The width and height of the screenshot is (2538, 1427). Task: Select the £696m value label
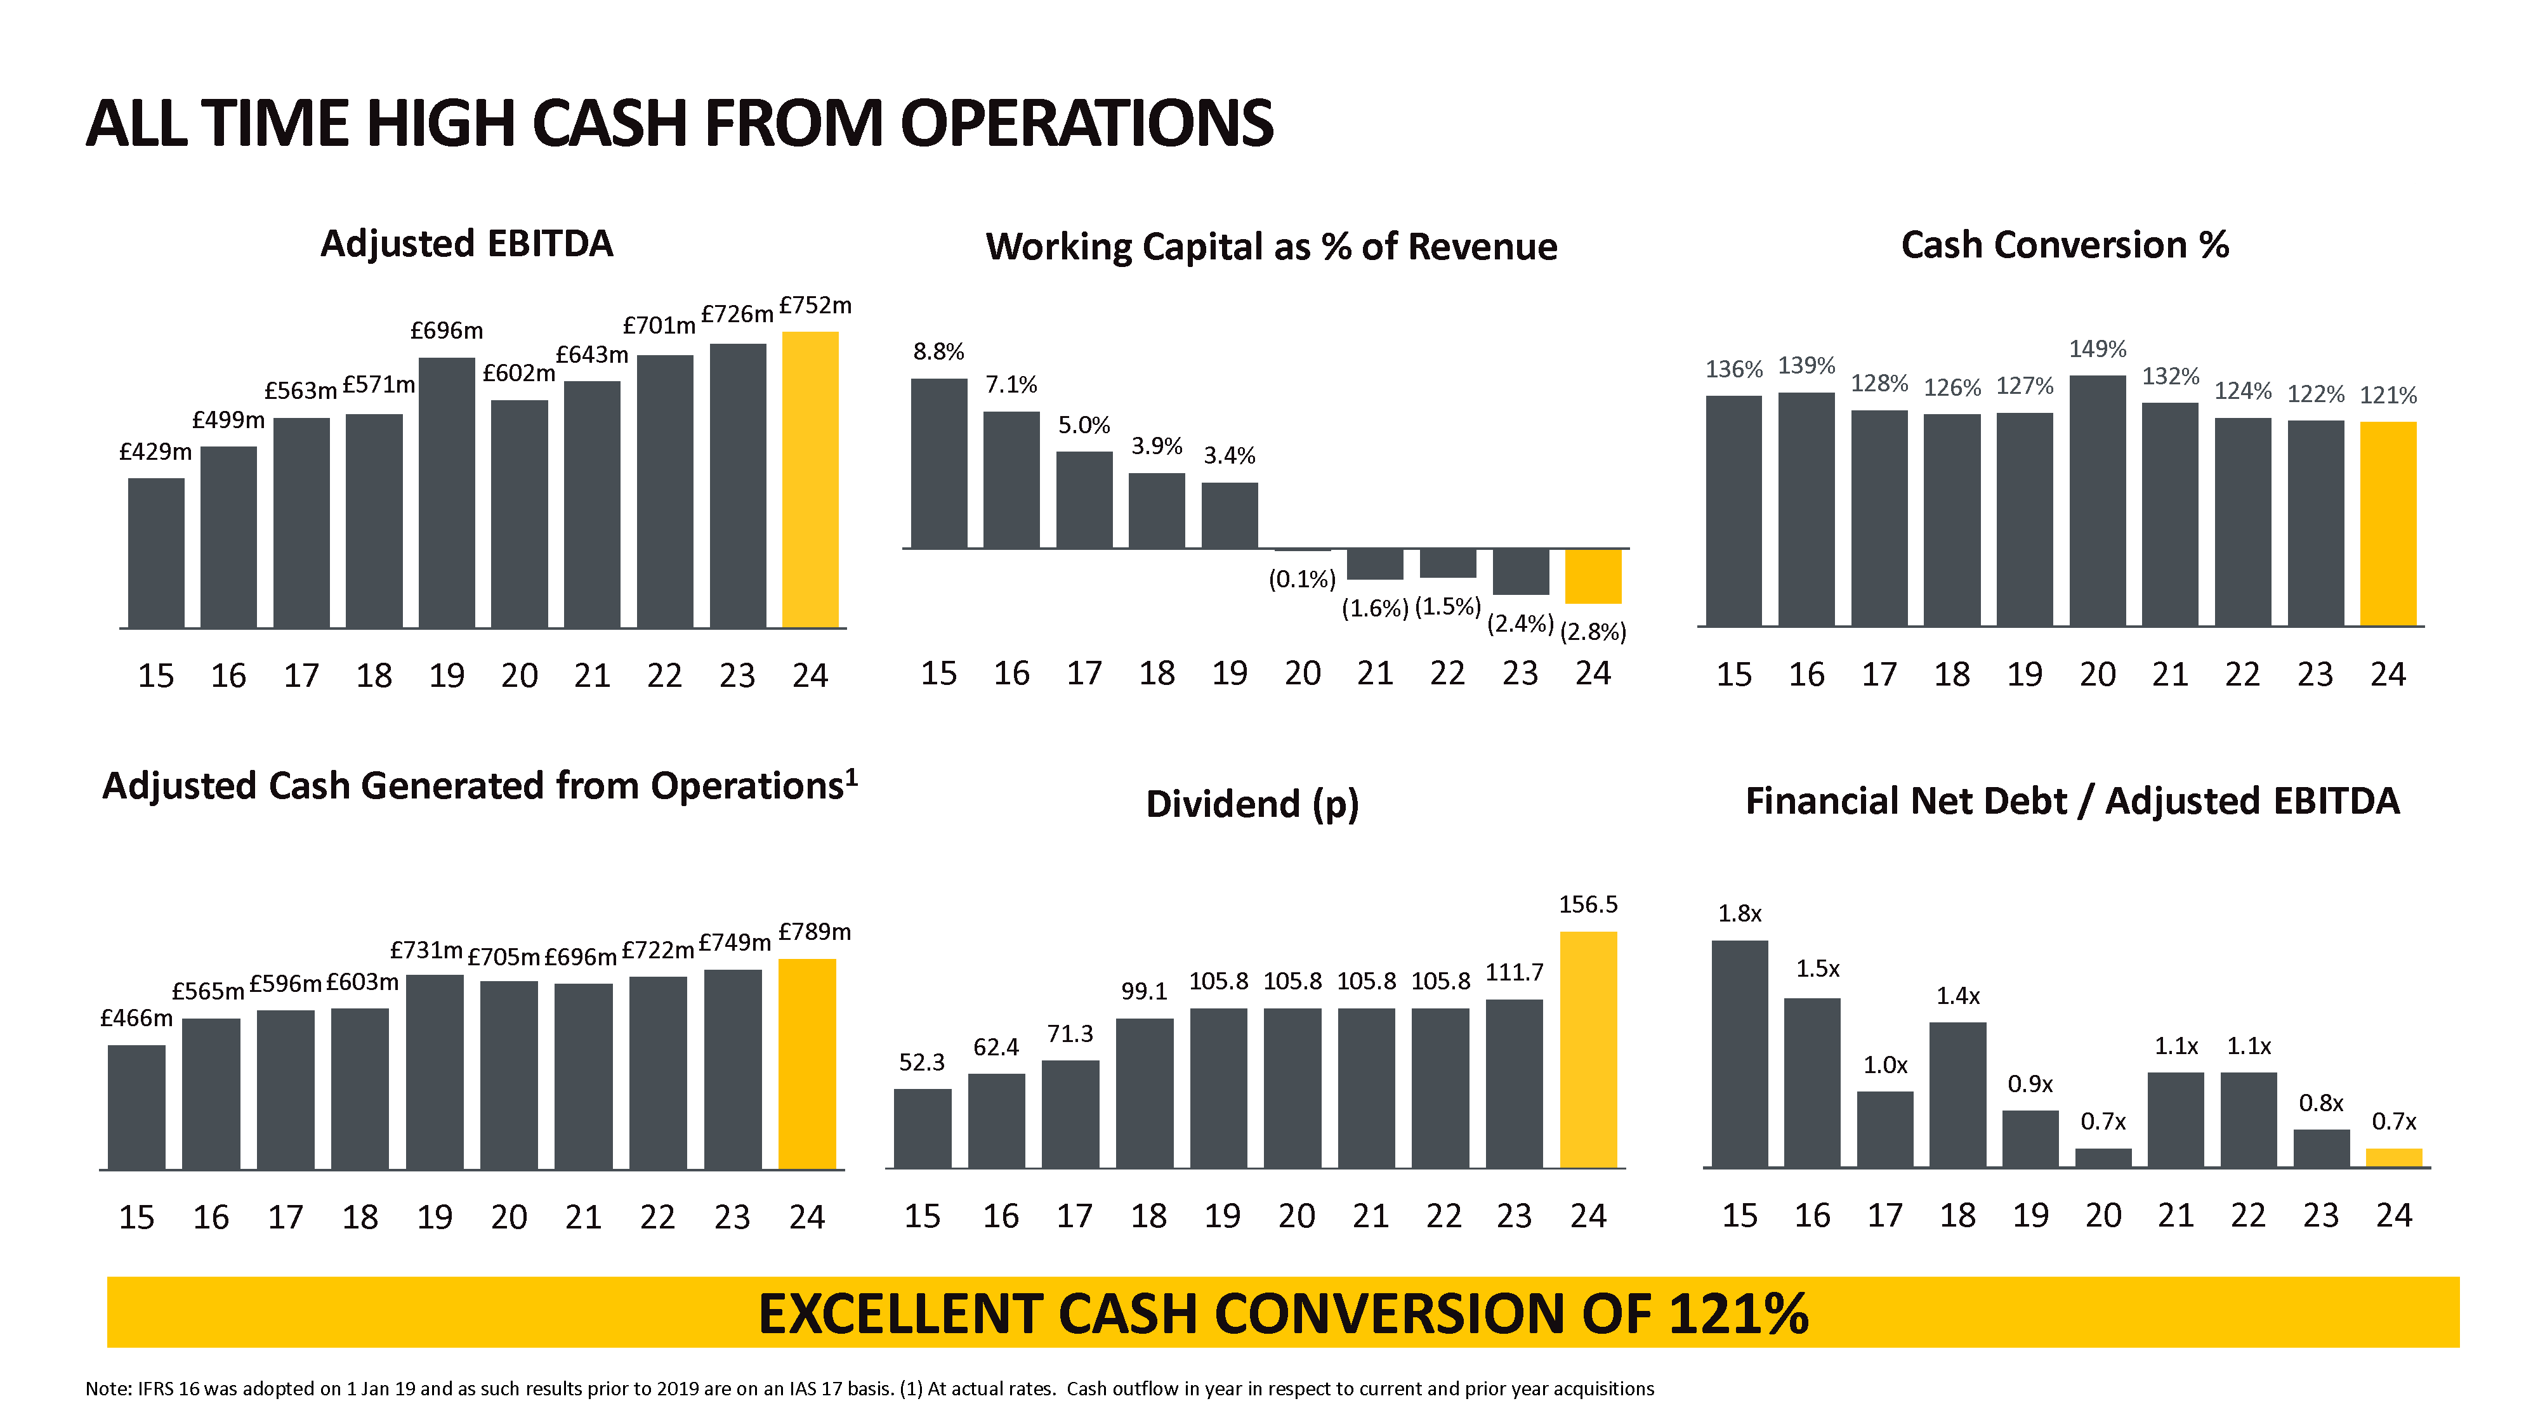tap(446, 331)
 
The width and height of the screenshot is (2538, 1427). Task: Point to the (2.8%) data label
tap(1593, 632)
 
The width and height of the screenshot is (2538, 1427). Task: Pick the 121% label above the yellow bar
tap(2388, 396)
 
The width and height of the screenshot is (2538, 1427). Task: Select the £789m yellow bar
tap(807, 1064)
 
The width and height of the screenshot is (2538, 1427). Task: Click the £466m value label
tap(136, 1019)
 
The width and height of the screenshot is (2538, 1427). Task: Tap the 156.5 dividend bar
tap(1588, 1050)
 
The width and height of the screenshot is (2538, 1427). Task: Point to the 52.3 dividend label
tap(921, 1062)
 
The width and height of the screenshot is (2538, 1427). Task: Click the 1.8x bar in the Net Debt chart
tap(1739, 1053)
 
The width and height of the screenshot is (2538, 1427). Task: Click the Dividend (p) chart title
tap(1253, 805)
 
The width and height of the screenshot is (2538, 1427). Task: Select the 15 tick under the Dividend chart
tap(921, 1216)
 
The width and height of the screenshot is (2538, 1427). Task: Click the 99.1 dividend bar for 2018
tap(1144, 1093)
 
